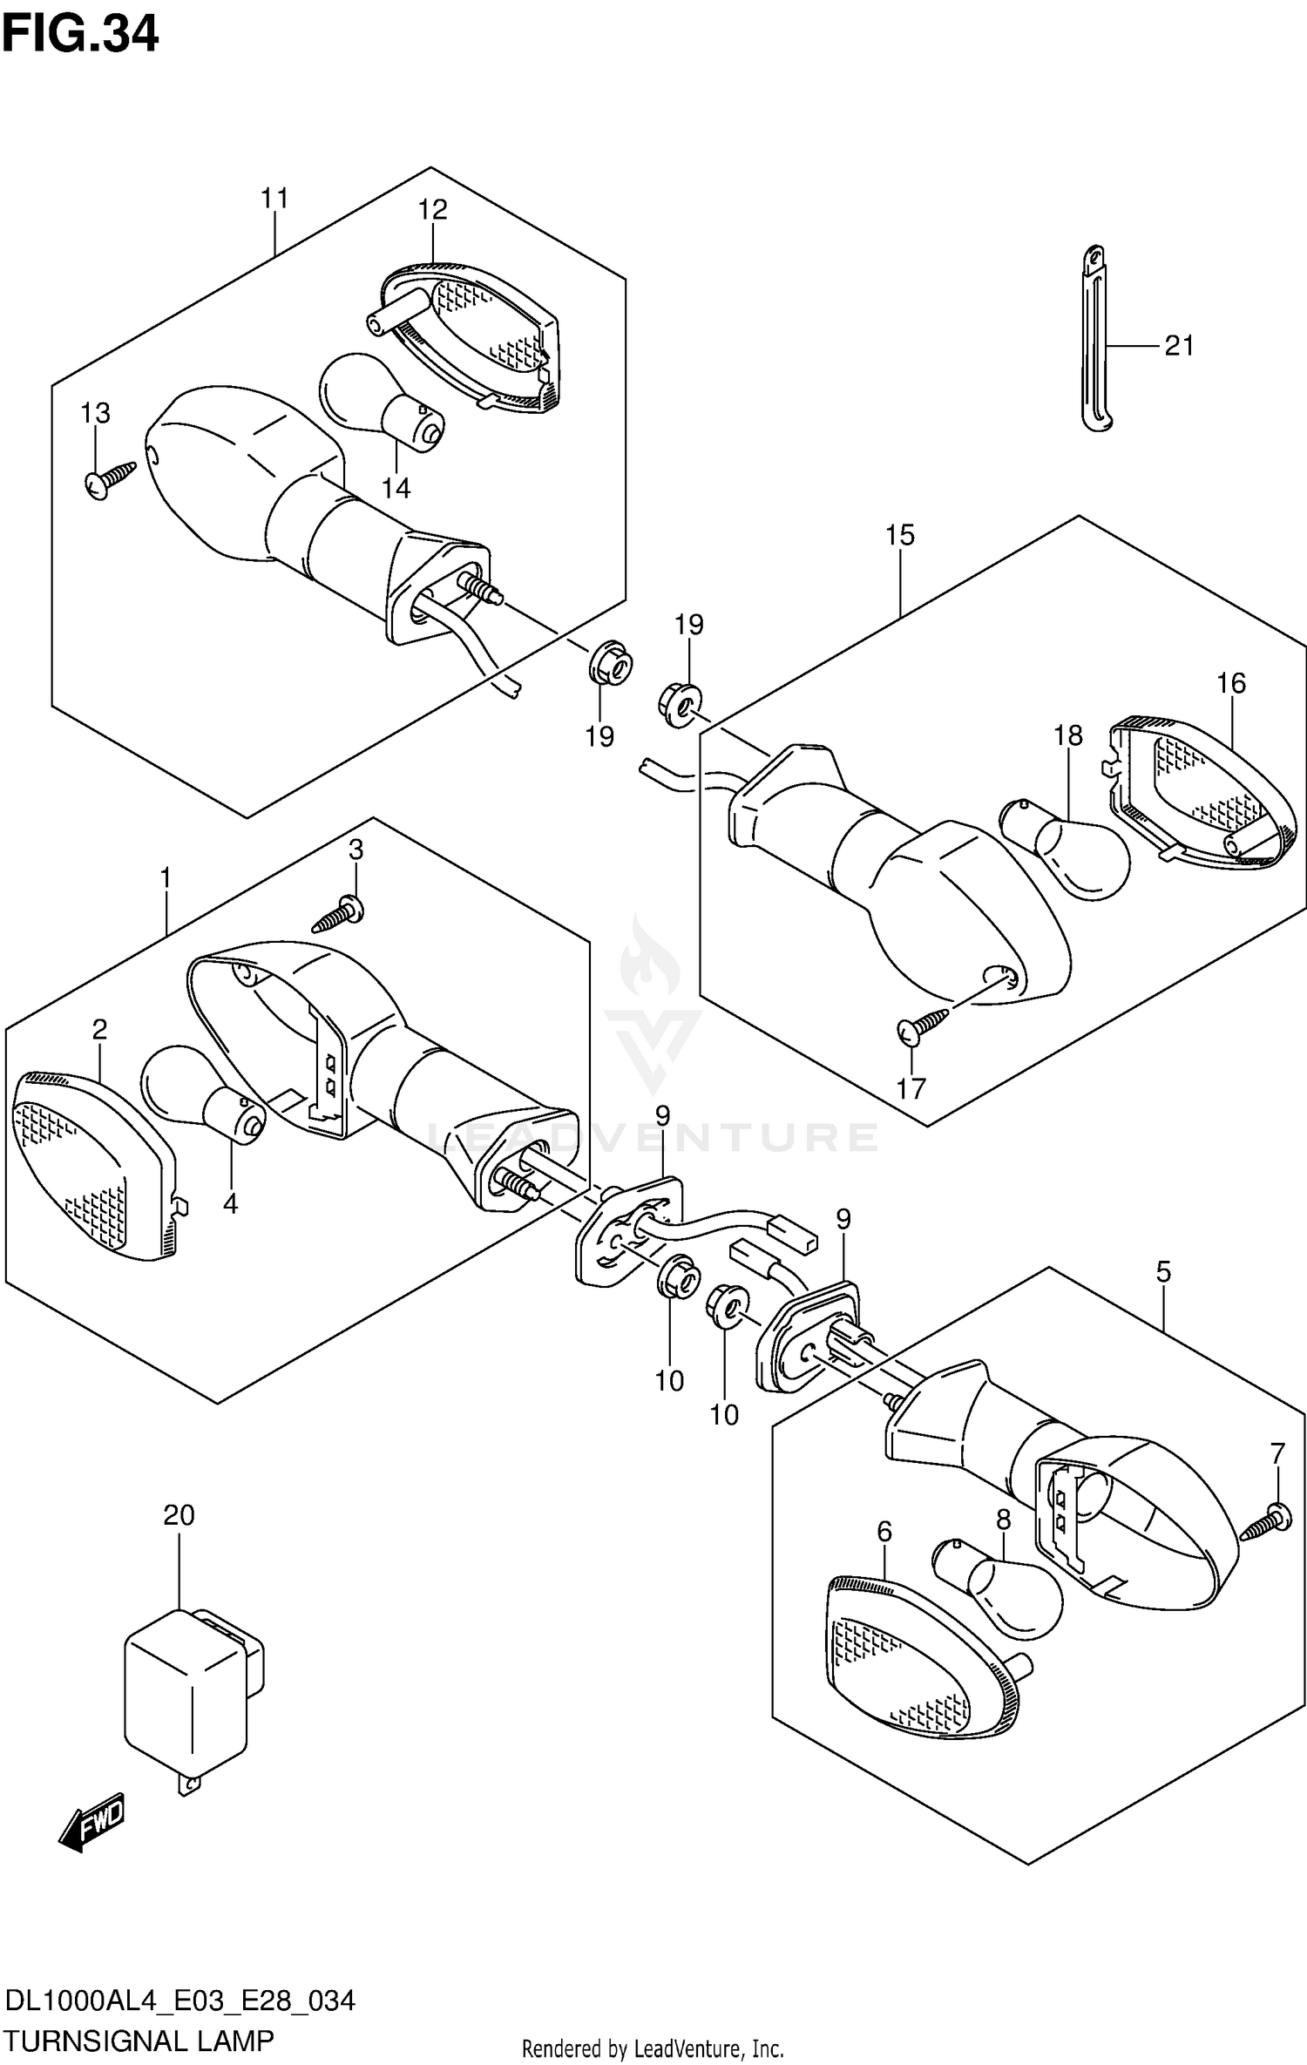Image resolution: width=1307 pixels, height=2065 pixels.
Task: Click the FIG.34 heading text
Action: [x=80, y=36]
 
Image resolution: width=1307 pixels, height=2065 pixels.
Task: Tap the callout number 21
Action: [x=1179, y=346]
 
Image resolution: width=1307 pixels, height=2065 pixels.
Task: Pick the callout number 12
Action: [x=432, y=210]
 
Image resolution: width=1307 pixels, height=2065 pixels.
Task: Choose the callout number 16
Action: [x=1231, y=684]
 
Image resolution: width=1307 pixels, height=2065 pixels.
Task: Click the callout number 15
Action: [x=900, y=535]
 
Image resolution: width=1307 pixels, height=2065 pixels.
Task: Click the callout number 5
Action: [x=1163, y=1272]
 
